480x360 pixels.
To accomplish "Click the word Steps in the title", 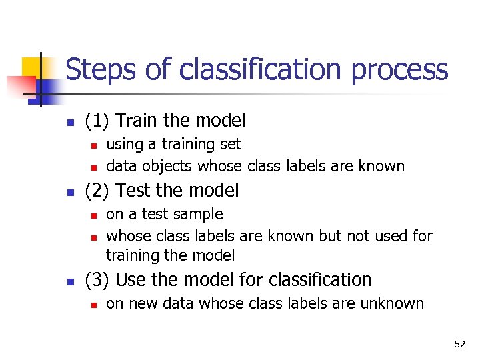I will pyautogui.click(x=99, y=70).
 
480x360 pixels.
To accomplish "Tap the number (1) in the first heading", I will pyautogui.click(x=97, y=121).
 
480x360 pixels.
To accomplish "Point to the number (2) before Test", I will pyautogui.click(x=97, y=191).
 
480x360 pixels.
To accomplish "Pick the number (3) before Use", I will pyautogui.click(x=97, y=280).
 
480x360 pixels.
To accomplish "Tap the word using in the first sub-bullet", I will pyautogui.click(x=124, y=145).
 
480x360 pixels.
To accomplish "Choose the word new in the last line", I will pyautogui.click(x=141, y=303).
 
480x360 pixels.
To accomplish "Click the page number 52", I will pyautogui.click(x=459, y=344).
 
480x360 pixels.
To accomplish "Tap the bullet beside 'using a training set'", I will pyautogui.click(x=95, y=145).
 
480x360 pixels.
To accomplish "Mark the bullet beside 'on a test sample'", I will pyautogui.click(x=95, y=215).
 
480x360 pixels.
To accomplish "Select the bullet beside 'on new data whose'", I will pyautogui.click(x=95, y=304).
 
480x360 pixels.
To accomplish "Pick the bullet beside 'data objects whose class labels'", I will pyautogui.click(x=95, y=167).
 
